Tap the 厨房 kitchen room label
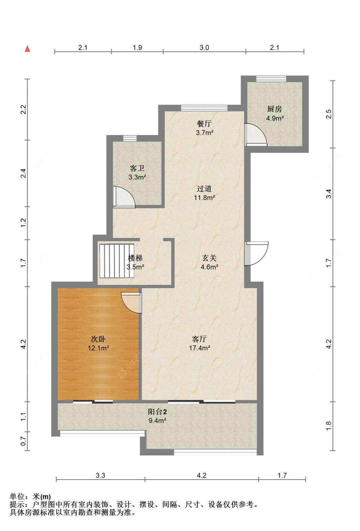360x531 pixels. point(275,109)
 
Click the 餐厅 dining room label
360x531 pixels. point(204,124)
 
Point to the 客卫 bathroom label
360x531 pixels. point(137,168)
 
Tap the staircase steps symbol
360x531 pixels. point(116,261)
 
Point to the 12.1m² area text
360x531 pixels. point(98,348)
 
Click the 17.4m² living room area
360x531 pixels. point(199,348)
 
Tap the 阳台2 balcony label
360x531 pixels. point(157,412)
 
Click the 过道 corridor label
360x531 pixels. point(204,189)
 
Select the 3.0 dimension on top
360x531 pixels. point(204,48)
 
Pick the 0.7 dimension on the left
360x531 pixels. point(23,441)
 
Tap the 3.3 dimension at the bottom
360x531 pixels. point(100,475)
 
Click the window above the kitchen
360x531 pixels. point(271,79)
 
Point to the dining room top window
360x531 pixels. point(204,108)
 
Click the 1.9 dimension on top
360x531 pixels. point(137,48)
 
